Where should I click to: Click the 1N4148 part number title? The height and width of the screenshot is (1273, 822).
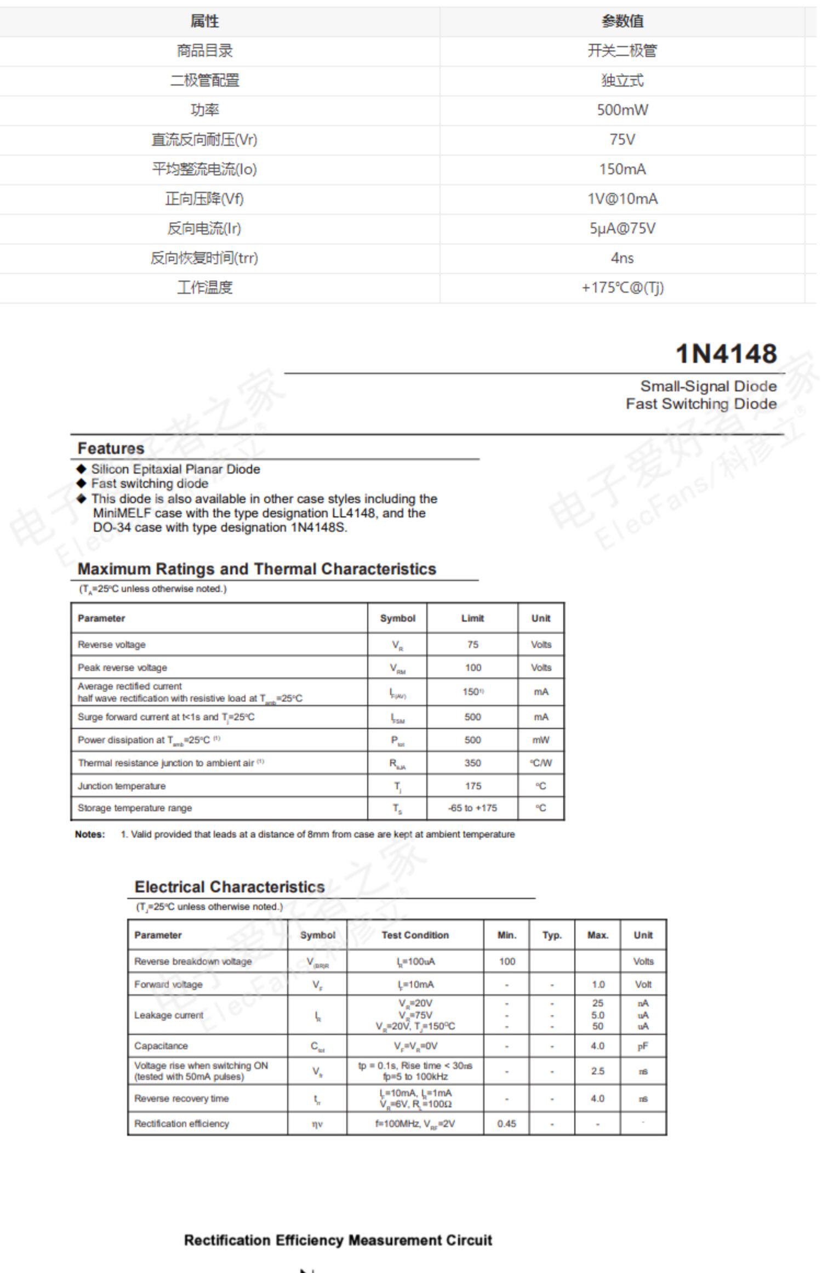tap(726, 354)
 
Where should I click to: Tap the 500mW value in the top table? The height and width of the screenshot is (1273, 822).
tap(622, 110)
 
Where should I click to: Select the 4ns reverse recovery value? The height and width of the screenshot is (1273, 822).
tap(622, 258)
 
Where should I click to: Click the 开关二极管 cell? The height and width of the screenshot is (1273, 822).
tap(622, 51)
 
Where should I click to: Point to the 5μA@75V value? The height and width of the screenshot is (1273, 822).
tap(622, 229)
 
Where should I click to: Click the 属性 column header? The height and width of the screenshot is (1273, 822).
tap(204, 21)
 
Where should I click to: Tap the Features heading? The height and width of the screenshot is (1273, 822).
tap(111, 448)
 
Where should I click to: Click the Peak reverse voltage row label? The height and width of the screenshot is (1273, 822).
tap(122, 668)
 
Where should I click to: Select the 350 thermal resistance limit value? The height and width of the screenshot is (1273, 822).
tap(472, 763)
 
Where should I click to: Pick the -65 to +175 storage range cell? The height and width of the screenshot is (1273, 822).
tap(472, 808)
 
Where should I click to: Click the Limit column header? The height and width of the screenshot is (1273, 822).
tap(472, 618)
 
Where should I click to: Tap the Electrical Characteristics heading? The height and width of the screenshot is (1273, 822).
tap(230, 887)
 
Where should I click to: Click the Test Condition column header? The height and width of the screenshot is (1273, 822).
tap(415, 935)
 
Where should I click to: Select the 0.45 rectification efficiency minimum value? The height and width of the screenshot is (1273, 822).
tap(507, 1124)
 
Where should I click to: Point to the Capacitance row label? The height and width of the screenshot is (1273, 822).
tap(161, 1046)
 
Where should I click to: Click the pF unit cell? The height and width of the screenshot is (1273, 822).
tap(643, 1047)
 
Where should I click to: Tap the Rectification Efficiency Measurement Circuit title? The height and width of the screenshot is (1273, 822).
tap(338, 1240)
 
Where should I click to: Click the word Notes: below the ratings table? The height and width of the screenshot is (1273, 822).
tap(90, 834)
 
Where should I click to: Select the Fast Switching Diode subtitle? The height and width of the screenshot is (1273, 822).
tap(701, 404)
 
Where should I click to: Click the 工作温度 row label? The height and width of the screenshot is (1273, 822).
tap(204, 288)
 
